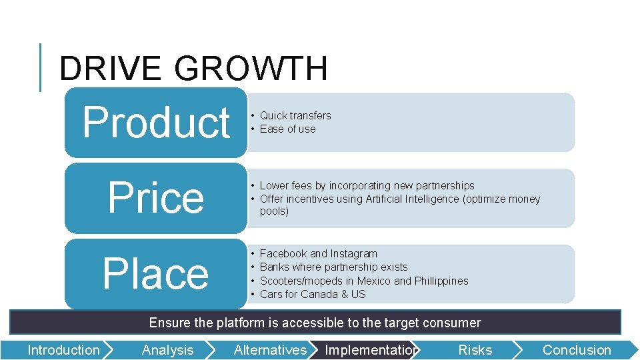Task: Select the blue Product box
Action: [x=156, y=123]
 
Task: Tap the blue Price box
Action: [x=156, y=198]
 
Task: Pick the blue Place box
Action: [x=156, y=274]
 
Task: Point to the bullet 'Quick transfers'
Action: [x=295, y=116]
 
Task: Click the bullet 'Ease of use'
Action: [x=287, y=129]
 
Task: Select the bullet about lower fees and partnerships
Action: [x=367, y=186]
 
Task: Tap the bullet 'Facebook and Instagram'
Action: [x=318, y=254]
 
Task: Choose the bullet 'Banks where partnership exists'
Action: [x=333, y=267]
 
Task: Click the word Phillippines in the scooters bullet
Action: [x=441, y=281]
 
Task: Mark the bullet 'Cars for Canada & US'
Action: [x=313, y=295]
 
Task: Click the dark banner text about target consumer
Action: [x=315, y=323]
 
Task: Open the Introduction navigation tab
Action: [x=63, y=350]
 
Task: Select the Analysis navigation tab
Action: [x=167, y=350]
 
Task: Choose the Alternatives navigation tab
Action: [x=270, y=350]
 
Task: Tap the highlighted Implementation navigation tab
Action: [x=371, y=350]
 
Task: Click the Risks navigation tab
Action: [x=475, y=350]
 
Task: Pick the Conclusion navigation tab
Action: [x=576, y=350]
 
